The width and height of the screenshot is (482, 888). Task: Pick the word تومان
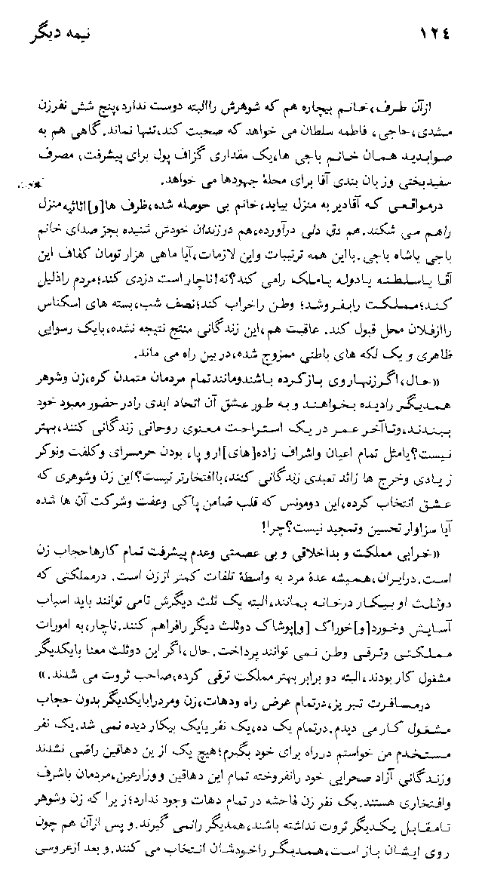click(127, 228)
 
